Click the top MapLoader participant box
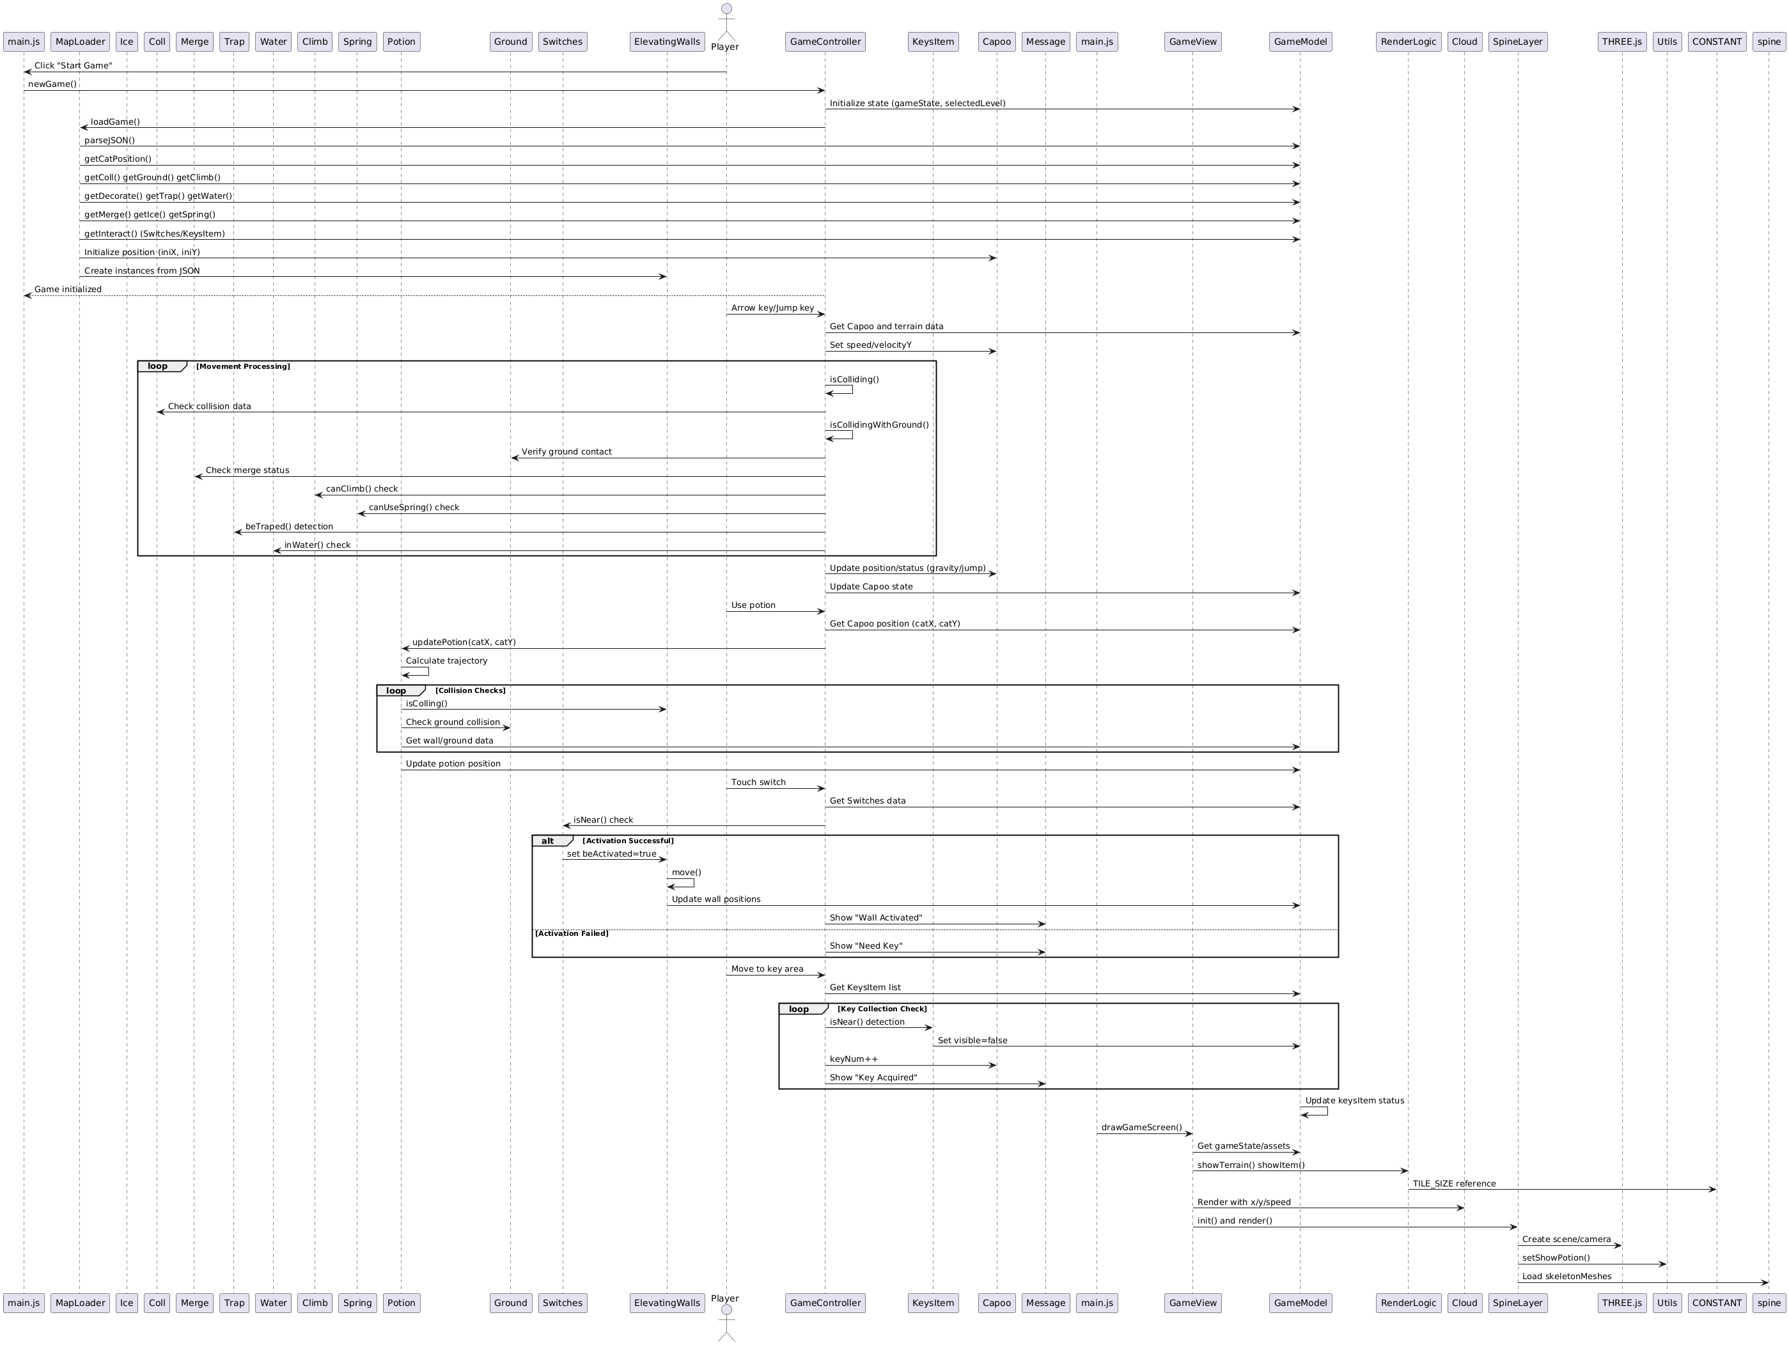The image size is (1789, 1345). pos(79,42)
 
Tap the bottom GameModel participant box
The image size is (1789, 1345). pos(1300,1302)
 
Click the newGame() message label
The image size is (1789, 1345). pos(52,84)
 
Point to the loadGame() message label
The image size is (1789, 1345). pos(115,122)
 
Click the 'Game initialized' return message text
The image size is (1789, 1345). pos(68,290)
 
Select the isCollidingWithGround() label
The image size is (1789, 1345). pos(879,424)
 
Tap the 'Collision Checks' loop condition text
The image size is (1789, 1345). pos(470,690)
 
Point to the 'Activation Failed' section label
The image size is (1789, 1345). pos(572,933)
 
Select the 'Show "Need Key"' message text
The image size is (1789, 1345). pos(866,946)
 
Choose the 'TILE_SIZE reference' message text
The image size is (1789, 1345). pos(1454,1184)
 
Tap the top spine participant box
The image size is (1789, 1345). pos(1769,42)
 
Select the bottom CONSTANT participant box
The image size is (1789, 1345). pos(1717,1302)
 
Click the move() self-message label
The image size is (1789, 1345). pos(687,873)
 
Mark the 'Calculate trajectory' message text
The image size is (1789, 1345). pos(446,661)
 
